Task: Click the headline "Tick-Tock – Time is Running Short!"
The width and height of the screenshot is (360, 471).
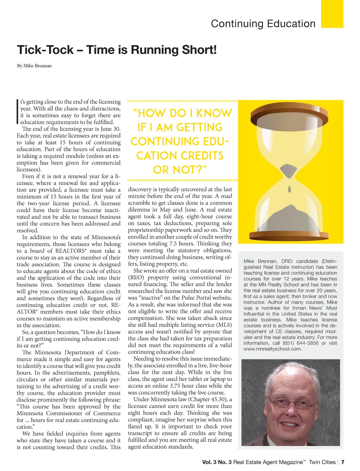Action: tap(117, 50)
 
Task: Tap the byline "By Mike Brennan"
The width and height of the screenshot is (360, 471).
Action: tap(34, 66)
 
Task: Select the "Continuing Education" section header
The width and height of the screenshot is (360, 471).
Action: tap(263, 24)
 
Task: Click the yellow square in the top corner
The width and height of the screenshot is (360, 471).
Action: tap(332, 14)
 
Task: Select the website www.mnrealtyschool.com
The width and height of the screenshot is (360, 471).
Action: tap(272, 349)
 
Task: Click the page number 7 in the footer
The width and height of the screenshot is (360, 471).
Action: tap(343, 462)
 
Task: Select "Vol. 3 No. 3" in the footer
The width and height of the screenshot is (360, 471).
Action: tap(217, 462)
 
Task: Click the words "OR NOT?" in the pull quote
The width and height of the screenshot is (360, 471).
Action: tap(180, 170)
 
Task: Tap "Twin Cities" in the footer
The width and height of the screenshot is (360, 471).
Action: tap(322, 462)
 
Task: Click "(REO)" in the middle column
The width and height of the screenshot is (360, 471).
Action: tap(136, 278)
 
